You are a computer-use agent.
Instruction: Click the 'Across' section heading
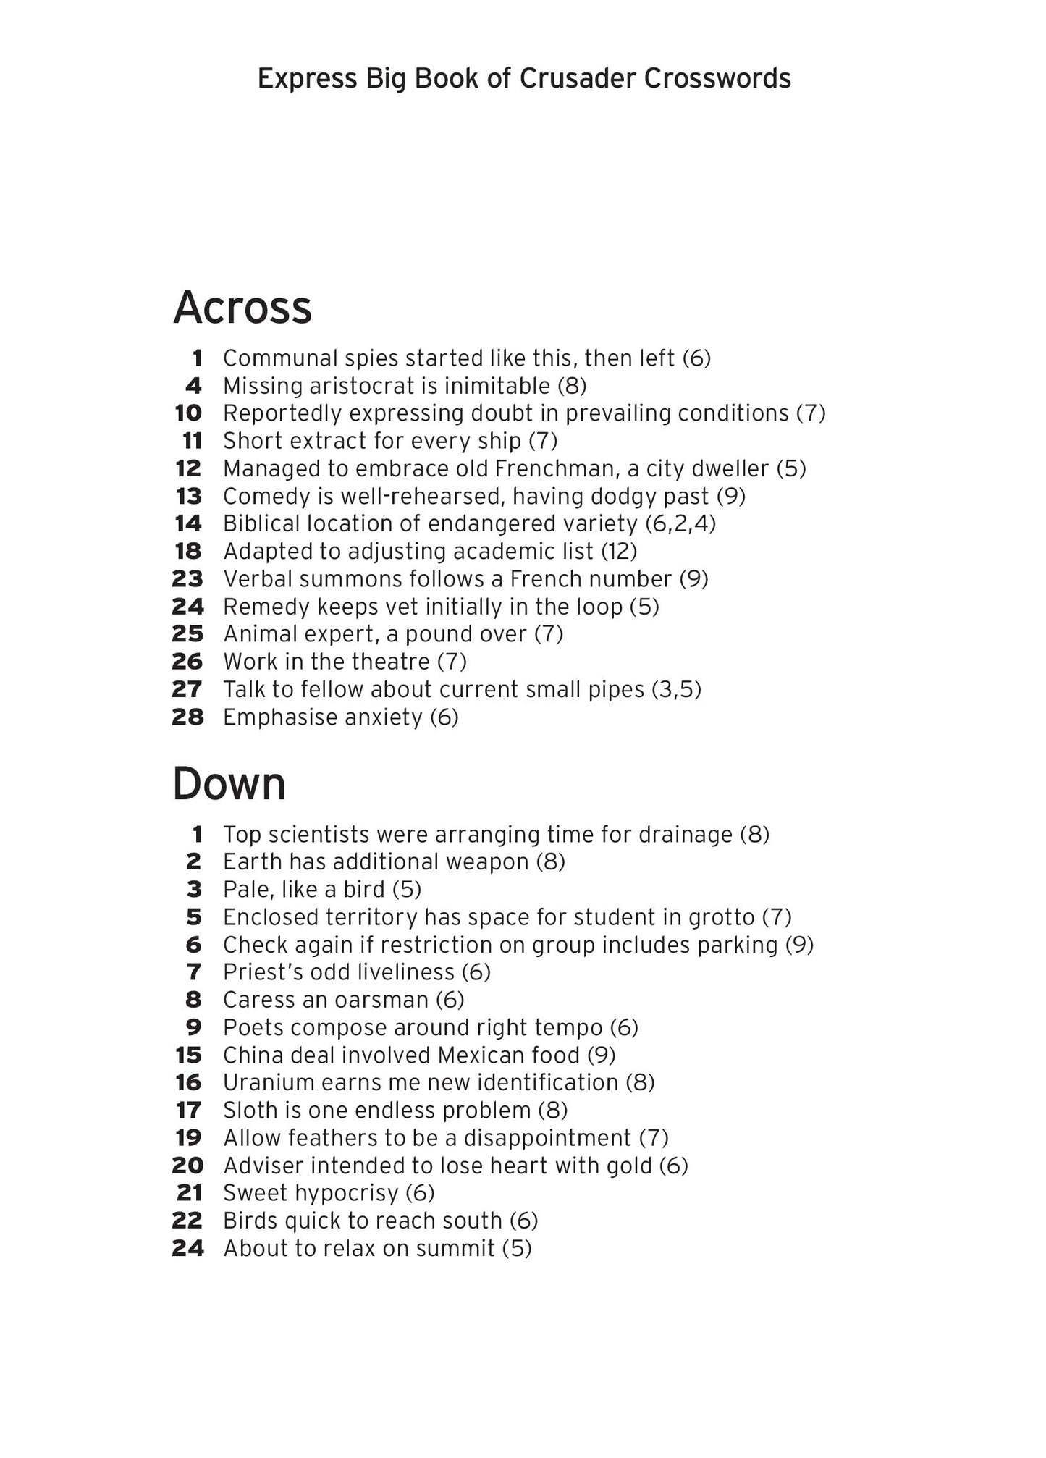pos(242,308)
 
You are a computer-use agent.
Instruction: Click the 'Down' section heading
pos(229,784)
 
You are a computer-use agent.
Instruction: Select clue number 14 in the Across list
pos(188,523)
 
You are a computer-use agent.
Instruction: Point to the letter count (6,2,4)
pos(680,523)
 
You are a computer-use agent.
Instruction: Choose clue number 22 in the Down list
pos(187,1221)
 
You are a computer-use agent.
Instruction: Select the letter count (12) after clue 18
pos(619,552)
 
